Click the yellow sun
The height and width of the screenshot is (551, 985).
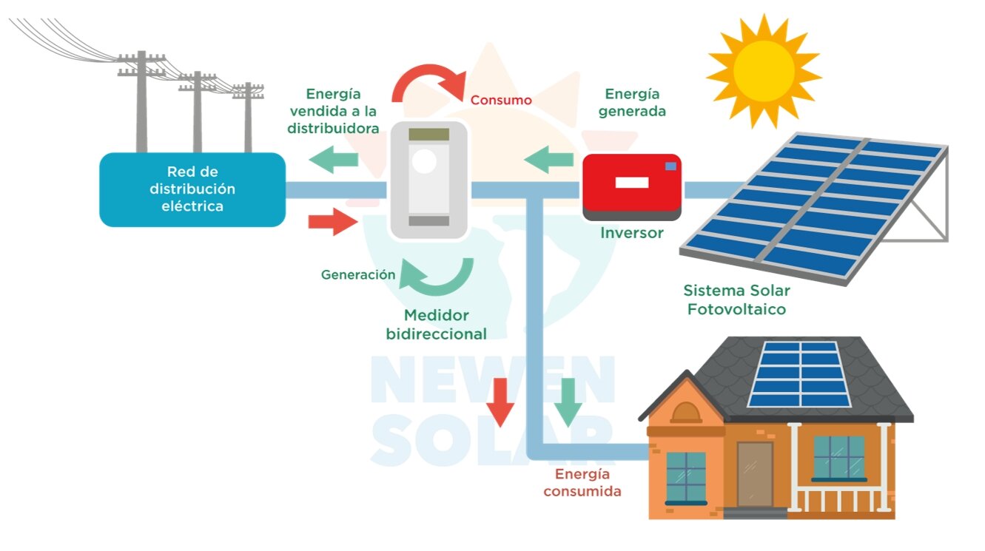[x=764, y=71]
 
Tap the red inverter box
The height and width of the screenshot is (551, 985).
[x=631, y=185]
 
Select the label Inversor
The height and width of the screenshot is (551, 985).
[x=631, y=233]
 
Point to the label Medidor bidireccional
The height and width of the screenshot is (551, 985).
[x=437, y=325]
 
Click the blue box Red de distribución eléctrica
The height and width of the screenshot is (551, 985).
[x=192, y=189]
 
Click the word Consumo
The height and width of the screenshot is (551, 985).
[x=501, y=100]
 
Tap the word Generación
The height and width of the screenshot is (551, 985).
[x=358, y=274]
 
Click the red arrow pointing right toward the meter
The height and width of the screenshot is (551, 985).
[x=332, y=221]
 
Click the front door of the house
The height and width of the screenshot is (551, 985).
[x=755, y=474]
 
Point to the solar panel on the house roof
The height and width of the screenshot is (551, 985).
[x=800, y=373]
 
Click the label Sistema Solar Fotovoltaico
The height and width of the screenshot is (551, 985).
[x=736, y=300]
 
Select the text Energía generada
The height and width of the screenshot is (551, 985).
[x=632, y=103]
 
